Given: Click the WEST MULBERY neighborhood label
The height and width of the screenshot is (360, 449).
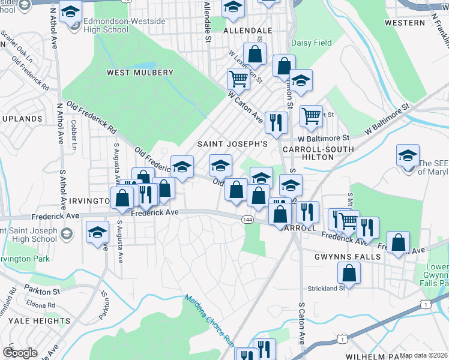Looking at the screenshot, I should (x=140, y=73).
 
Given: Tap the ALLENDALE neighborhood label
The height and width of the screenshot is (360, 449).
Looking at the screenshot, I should (x=247, y=29).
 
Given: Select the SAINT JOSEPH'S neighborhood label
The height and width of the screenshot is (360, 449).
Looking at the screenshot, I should (x=232, y=145).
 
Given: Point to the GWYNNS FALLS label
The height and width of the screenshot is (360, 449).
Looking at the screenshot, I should (x=348, y=257).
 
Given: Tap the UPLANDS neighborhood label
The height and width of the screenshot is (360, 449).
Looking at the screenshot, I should (x=22, y=119).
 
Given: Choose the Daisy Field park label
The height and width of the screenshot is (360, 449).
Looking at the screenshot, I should (x=312, y=43).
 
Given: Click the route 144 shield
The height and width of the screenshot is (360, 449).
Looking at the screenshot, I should (x=247, y=220).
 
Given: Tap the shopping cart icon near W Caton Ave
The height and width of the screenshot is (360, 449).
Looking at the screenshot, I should (x=239, y=78).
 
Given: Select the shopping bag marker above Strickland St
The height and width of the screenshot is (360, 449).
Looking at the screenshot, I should (x=349, y=272).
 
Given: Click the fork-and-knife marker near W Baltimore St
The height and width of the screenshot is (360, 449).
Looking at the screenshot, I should (x=276, y=122).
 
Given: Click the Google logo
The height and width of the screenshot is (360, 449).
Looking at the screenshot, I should (x=20, y=353).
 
